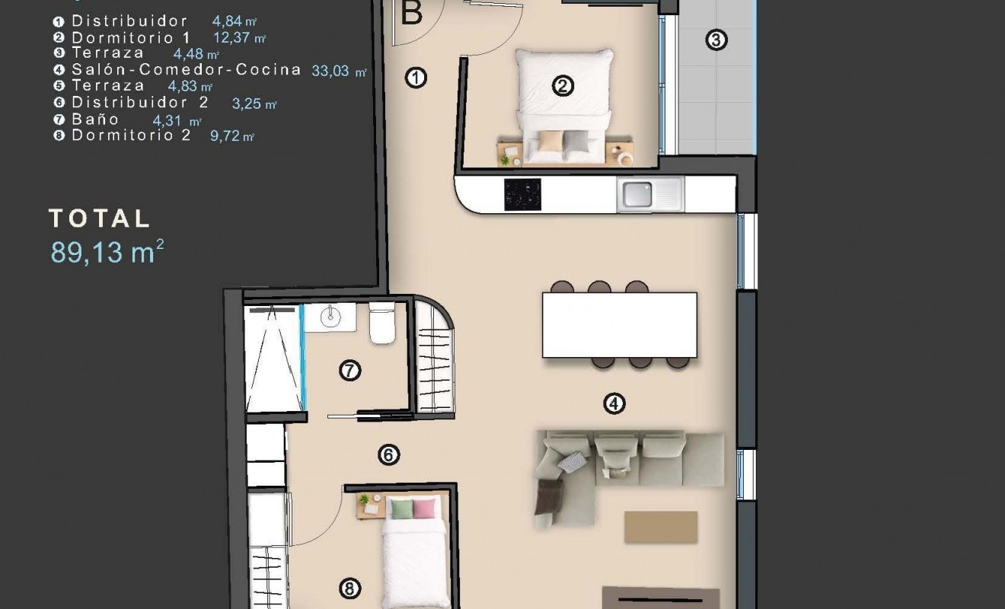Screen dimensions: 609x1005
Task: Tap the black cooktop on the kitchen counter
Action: pyautogui.click(x=522, y=195)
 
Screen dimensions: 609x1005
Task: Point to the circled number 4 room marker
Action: pyautogui.click(x=614, y=403)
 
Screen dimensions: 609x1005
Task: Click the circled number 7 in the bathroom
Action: pyautogui.click(x=349, y=371)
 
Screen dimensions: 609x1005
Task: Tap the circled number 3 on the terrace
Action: pyautogui.click(x=716, y=40)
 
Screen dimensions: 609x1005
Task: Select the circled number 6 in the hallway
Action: pyautogui.click(x=388, y=455)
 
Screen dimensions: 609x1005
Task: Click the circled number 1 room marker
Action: pyautogui.click(x=416, y=78)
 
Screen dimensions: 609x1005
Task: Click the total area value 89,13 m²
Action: pyautogui.click(x=107, y=252)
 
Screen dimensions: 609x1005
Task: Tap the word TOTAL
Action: pyautogui.click(x=100, y=219)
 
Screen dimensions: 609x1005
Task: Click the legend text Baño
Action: pyautogui.click(x=95, y=120)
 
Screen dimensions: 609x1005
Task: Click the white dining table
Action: pyautogui.click(x=619, y=325)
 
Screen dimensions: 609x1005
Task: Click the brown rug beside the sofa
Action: pyautogui.click(x=660, y=527)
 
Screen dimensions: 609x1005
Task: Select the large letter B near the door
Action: pyautogui.click(x=411, y=13)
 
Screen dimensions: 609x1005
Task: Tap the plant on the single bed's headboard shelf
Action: pyautogui.click(x=364, y=500)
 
